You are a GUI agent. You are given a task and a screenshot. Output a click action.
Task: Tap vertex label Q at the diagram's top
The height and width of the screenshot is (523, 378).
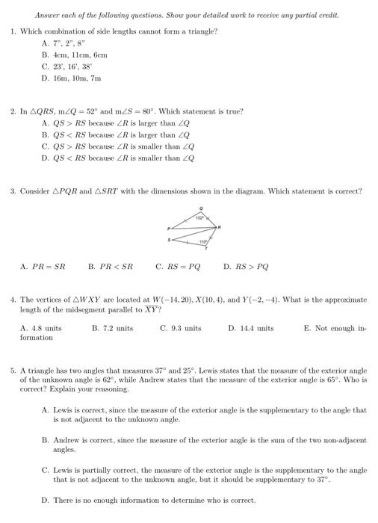(x=201, y=208)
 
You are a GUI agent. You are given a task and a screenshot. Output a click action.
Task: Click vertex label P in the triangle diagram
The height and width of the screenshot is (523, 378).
(x=170, y=227)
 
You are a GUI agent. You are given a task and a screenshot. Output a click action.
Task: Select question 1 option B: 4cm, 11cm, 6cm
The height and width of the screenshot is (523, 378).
(x=75, y=55)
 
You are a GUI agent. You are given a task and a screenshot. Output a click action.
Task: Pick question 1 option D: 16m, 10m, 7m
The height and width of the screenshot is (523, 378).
(x=72, y=77)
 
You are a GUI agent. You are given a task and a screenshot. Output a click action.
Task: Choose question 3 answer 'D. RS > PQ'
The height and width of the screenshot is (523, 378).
(x=247, y=265)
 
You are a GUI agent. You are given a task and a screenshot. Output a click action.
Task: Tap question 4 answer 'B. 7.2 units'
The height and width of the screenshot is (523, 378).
(x=112, y=328)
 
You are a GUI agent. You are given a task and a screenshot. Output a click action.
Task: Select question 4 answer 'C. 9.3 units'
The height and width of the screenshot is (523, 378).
(x=181, y=328)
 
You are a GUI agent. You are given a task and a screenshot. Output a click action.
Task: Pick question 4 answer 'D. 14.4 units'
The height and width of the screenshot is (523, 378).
(x=250, y=328)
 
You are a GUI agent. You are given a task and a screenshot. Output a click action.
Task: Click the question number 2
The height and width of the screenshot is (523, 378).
(x=13, y=111)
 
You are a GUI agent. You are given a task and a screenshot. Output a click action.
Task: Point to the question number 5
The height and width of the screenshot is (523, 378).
(x=13, y=371)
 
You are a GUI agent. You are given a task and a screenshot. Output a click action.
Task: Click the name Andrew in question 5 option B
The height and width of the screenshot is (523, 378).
(x=65, y=440)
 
